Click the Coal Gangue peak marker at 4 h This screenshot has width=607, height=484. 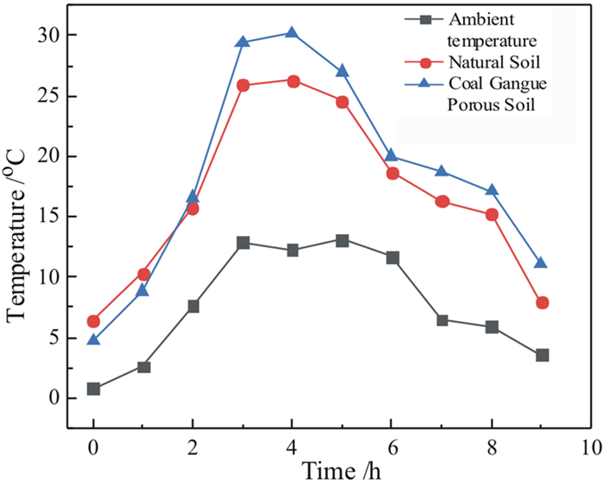point(292,33)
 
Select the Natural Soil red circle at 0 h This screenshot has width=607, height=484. point(94,321)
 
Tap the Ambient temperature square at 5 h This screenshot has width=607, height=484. point(343,240)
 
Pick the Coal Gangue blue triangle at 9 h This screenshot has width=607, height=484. point(541,263)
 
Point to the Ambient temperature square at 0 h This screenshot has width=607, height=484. point(94,389)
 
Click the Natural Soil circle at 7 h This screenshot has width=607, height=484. point(442,201)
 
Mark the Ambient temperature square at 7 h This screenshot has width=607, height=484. point(442,320)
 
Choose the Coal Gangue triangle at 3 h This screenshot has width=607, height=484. point(243,42)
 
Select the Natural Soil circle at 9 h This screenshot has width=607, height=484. point(542,303)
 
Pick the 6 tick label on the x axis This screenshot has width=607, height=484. point(392,448)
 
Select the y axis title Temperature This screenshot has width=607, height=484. point(17,234)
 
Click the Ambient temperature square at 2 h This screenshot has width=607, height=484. point(193,306)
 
